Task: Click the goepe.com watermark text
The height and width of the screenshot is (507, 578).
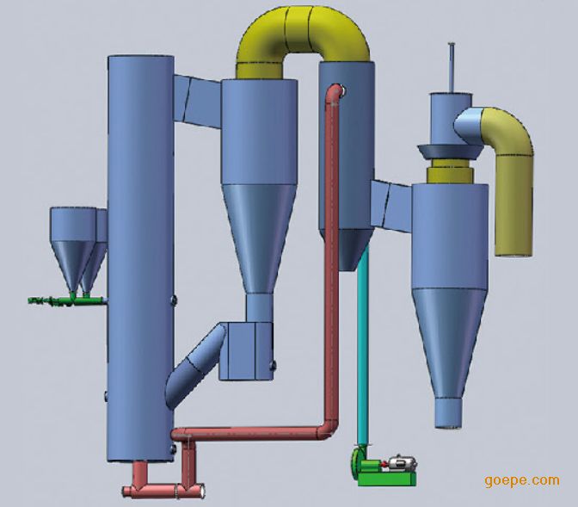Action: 522,481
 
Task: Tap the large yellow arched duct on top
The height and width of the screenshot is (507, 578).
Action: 303,26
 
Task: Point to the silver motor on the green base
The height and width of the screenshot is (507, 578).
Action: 403,463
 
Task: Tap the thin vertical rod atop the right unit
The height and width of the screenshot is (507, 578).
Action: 452,67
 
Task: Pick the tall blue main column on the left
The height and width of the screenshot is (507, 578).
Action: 140,258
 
